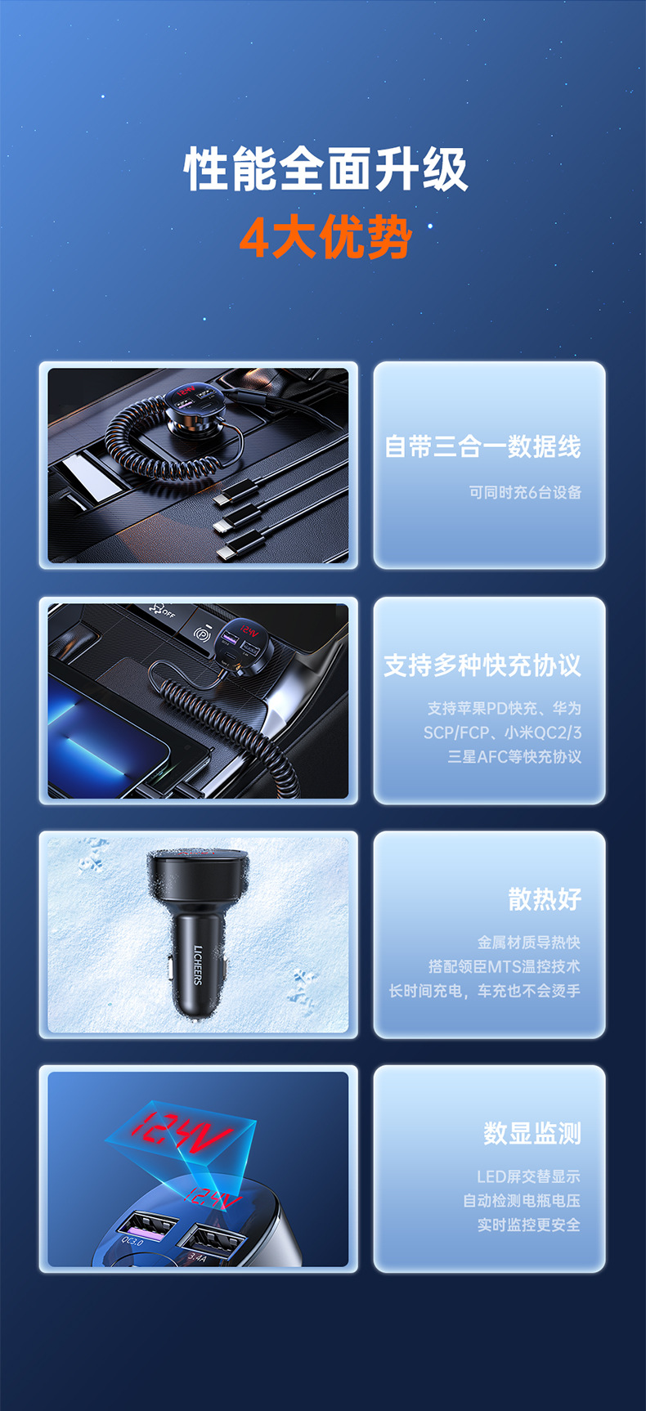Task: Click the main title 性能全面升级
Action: point(325,169)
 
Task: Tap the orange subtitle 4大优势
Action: point(325,238)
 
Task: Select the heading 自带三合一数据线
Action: point(483,446)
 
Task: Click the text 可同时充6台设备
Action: point(525,492)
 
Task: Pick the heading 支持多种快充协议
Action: point(482,665)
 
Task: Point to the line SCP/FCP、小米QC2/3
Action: point(502,732)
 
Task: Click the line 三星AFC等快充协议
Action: point(514,757)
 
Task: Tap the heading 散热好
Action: point(545,899)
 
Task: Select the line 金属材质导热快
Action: point(529,943)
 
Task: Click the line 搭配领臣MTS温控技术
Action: point(505,966)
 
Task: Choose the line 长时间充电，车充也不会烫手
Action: point(485,991)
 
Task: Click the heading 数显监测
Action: point(532,1134)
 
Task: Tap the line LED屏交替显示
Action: point(529,1176)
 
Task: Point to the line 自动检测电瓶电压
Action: point(522,1201)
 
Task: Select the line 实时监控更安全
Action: point(529,1225)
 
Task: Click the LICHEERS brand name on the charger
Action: point(198,965)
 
